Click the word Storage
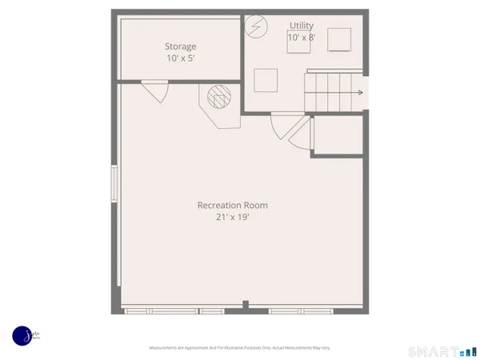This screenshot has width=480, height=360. pos(181,46)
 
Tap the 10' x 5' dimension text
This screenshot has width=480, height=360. pos(181,59)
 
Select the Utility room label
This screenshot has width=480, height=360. pos(302,26)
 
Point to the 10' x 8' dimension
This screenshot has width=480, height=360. pos(302,38)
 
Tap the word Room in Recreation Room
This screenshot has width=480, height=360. pos(255,206)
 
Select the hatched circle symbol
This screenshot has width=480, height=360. pos(218,98)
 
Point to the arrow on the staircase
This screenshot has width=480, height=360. pos(360,93)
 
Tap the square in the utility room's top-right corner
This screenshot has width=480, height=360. pos(339,38)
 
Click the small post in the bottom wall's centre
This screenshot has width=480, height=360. pos(246,305)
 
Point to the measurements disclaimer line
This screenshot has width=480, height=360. pos(239,348)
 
